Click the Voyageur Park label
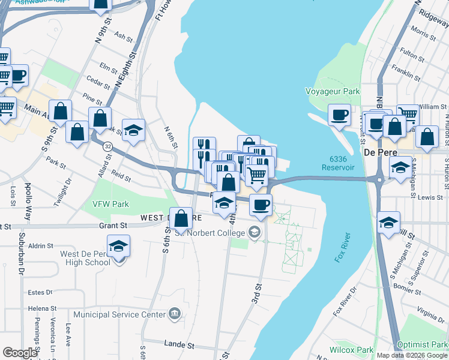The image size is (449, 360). click(333, 91)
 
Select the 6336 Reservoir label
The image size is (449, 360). click(343, 162)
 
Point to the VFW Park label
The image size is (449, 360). click(111, 204)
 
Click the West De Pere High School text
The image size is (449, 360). click(85, 258)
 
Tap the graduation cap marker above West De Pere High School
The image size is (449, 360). click(118, 246)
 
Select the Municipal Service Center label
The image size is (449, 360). click(119, 314)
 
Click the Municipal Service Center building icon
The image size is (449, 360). click(174, 313)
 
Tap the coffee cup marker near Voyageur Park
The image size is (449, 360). click(339, 113)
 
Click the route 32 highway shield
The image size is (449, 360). click(107, 146)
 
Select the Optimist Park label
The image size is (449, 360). click(426, 344)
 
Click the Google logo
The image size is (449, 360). click(19, 353)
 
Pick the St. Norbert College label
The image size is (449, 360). click(213, 232)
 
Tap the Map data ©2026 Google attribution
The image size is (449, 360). click(412, 355)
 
